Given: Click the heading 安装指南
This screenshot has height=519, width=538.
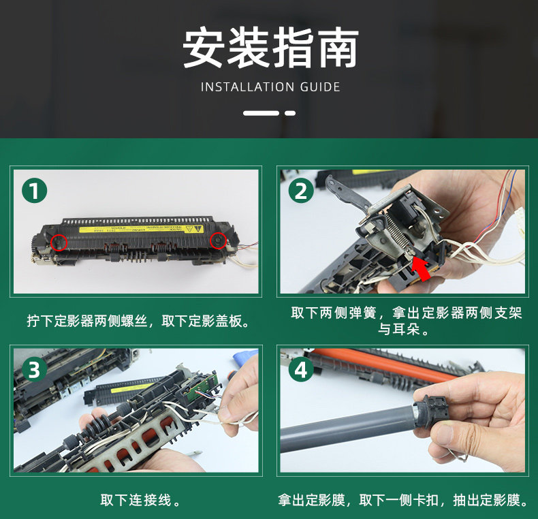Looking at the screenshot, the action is tap(270, 48).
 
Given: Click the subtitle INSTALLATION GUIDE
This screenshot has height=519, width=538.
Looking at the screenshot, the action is tap(270, 87).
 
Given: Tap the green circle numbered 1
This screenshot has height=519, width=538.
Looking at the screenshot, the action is tap(34, 191).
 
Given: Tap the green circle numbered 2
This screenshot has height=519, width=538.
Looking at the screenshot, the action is tap(301, 191).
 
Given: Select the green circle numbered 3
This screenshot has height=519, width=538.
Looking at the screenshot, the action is tap(34, 370).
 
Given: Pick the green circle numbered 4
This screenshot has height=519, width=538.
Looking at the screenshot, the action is tap(301, 370).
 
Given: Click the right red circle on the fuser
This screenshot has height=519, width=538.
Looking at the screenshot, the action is tap(218, 240).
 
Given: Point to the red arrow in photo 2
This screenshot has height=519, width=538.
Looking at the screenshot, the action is tap(422, 269).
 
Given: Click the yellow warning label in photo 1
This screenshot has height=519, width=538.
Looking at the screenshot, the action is tap(142, 229).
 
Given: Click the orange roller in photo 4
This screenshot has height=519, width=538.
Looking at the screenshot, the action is tap(383, 365).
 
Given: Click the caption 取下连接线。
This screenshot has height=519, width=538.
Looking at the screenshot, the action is tap(140, 500).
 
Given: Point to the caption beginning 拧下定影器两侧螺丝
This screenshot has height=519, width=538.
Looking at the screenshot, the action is tap(138, 321).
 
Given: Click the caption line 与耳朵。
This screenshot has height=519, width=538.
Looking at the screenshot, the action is tap(403, 329).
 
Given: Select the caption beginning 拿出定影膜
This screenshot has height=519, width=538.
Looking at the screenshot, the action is tap(403, 500).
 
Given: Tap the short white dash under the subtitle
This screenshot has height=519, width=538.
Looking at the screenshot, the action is tap(290, 113).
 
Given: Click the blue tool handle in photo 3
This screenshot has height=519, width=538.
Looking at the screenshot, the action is tap(245, 357).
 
